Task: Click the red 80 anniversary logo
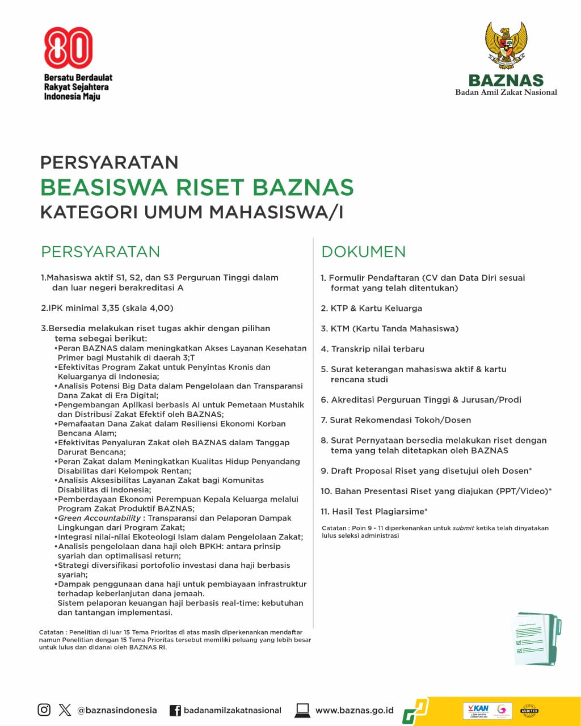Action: (x=68, y=48)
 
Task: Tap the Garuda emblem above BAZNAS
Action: (x=506, y=45)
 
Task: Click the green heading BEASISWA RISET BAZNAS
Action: (x=197, y=187)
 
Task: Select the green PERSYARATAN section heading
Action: (x=100, y=252)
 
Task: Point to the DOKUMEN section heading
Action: (x=364, y=252)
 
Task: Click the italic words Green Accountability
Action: (x=99, y=518)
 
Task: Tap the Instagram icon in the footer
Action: (x=44, y=710)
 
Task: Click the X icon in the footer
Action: (x=65, y=710)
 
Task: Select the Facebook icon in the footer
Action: (x=175, y=710)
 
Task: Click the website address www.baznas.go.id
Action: (x=354, y=710)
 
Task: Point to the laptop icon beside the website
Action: (x=302, y=710)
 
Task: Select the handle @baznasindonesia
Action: (x=117, y=710)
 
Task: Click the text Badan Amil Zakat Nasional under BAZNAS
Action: (x=506, y=92)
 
